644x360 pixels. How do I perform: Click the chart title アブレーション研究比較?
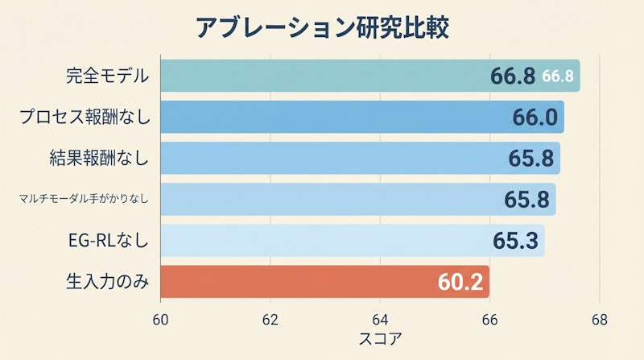321,27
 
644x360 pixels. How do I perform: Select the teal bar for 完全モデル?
322,76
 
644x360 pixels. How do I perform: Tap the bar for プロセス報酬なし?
322,118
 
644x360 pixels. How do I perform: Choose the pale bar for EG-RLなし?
322,241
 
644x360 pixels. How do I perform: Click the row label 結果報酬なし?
98,159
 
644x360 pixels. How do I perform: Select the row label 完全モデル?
108,77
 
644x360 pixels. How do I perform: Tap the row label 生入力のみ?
107,282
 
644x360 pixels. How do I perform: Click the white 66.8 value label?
557,77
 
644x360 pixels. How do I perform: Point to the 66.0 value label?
535,118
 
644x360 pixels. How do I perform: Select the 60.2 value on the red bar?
460,283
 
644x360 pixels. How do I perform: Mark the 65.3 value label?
515,241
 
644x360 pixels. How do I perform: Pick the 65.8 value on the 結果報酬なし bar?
531,159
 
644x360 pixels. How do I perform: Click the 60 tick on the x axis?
160,320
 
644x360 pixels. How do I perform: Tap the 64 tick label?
380,320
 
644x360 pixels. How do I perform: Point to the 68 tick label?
599,320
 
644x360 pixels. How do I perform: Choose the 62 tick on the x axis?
270,320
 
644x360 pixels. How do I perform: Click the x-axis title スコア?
380,339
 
